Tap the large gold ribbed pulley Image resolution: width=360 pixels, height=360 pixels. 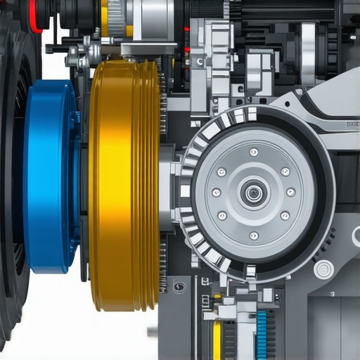123,184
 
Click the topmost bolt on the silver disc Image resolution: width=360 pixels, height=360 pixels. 254,152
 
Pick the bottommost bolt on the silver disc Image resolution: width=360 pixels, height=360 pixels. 254,235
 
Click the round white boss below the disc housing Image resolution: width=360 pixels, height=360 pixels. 324,269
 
